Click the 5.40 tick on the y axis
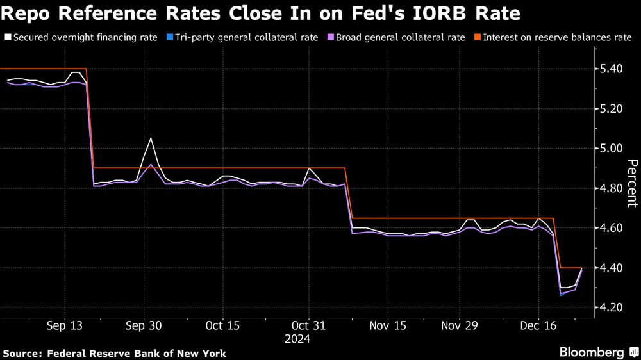(608, 69)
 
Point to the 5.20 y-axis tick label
(608, 109)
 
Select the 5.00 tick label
(608, 149)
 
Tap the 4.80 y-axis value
(608, 188)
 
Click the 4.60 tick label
(608, 228)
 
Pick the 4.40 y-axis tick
(608, 268)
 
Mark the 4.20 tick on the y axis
(608, 307)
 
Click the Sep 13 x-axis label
(65, 325)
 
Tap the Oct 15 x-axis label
(222, 325)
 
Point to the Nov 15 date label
(387, 325)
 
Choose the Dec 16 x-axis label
(537, 325)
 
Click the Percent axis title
(631, 183)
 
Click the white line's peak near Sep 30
(151, 138)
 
